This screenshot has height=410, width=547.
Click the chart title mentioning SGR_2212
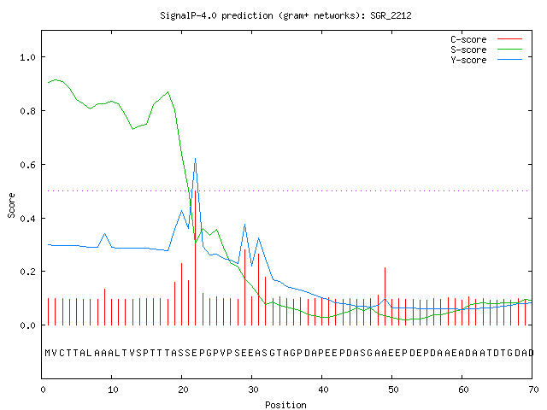click(285, 15)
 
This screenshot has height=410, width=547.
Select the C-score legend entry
click(486, 39)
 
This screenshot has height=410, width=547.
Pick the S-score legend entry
click(486, 50)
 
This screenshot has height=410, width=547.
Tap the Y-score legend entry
click(486, 60)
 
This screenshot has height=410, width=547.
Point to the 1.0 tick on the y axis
click(27, 57)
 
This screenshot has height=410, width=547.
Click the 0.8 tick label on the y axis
click(27, 111)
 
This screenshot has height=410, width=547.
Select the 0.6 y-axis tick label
click(27, 165)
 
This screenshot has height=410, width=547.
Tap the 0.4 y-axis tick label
click(27, 219)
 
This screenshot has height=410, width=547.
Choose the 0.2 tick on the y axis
click(27, 272)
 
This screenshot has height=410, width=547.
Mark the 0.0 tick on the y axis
click(27, 325)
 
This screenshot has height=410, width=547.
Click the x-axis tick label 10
click(113, 389)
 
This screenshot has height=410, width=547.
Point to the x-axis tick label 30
click(253, 389)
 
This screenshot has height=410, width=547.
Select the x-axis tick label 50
click(393, 389)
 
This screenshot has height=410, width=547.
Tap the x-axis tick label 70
click(533, 389)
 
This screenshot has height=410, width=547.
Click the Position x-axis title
click(285, 405)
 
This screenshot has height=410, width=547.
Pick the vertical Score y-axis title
click(11, 205)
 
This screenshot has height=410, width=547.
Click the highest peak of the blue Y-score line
click(196, 159)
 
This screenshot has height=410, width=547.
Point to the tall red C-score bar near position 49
click(385, 296)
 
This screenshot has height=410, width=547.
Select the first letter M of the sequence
click(48, 353)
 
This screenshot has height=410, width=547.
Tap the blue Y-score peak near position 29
click(245, 224)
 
